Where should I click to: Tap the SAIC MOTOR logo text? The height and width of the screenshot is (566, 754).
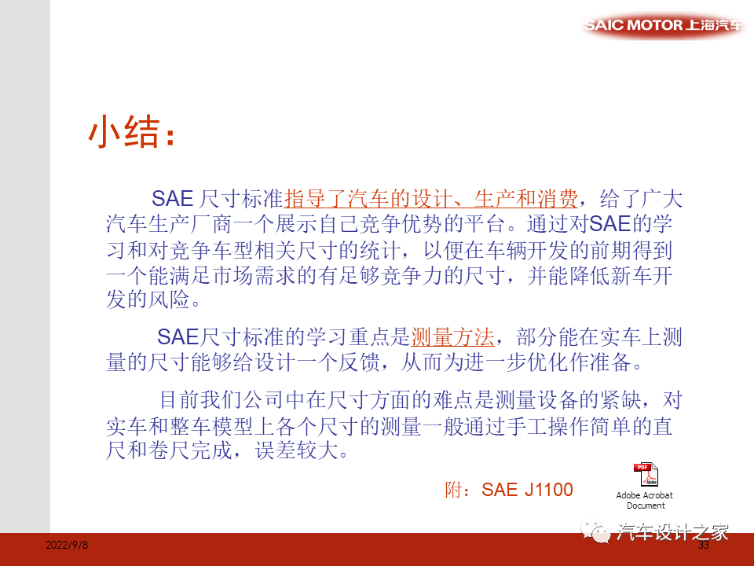point(664,24)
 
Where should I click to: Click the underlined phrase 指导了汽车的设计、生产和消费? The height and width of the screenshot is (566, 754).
point(431,197)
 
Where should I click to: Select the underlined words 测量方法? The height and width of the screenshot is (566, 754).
point(453,338)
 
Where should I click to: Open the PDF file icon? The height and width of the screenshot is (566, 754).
point(645,475)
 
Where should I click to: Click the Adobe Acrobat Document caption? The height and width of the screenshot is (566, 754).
point(645,501)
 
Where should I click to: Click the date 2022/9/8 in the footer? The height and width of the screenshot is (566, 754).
point(68,546)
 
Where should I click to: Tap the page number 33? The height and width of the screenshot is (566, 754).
point(704,546)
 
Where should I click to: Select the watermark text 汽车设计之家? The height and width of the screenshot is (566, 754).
point(673,532)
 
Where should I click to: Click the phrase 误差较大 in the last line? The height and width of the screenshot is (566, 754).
point(306,453)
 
